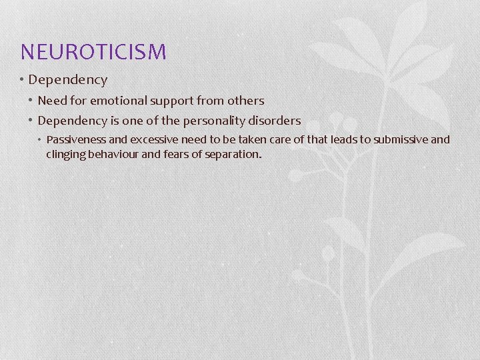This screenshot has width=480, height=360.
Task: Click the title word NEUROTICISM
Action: click(93, 51)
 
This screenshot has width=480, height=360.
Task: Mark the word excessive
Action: click(150, 140)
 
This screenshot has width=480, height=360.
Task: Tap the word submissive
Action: click(402, 140)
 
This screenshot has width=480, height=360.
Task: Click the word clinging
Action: click(65, 154)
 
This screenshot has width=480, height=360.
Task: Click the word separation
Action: click(234, 154)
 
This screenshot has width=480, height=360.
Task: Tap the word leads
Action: click(354, 140)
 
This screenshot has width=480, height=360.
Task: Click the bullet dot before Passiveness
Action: click(40, 140)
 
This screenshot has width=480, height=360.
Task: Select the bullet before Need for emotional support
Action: click(31, 101)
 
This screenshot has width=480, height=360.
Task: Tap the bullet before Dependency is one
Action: click(31, 121)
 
